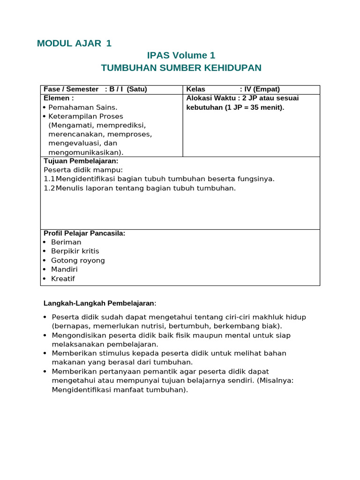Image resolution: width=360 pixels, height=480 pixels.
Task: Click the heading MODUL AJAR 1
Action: click(74, 44)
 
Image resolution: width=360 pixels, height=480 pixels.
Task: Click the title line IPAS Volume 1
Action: click(181, 56)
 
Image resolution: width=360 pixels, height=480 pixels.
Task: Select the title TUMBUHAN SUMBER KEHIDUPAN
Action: click(181, 68)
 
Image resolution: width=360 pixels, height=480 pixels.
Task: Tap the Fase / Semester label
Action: click(71, 89)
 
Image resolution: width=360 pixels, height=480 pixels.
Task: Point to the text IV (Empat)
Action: click(262, 89)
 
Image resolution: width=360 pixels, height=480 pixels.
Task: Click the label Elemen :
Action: click(59, 98)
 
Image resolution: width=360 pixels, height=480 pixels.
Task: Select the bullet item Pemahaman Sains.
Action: click(82, 107)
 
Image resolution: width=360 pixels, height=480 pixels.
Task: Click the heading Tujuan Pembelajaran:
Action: click(81, 161)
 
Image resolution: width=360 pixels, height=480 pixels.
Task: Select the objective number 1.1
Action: click(49, 179)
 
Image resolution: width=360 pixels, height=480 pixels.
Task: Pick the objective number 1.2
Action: click(49, 188)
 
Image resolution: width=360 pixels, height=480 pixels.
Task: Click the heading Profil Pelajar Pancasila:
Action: click(84, 233)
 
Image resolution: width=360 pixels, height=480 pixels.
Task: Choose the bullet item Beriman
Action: click(66, 242)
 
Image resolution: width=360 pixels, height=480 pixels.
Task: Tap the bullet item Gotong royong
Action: click(78, 261)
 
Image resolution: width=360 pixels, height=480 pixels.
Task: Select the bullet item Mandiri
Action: click(64, 270)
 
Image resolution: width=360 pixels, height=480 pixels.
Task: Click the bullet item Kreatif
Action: click(63, 279)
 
